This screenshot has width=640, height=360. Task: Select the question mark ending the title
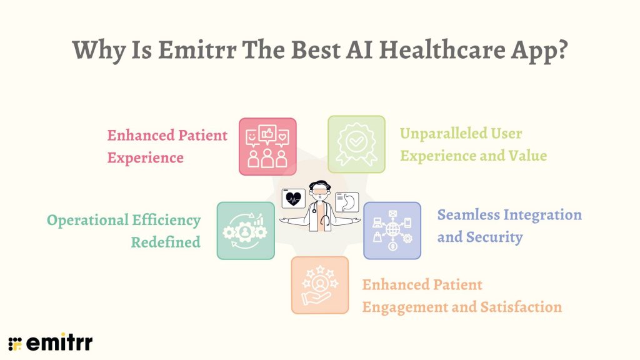[561, 50]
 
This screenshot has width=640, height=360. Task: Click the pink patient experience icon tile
[267, 146]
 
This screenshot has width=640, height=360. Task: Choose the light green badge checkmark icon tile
[356, 144]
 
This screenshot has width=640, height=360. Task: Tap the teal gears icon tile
[245, 231]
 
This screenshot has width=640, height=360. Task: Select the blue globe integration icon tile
[392, 231]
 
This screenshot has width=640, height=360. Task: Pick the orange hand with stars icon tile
[319, 284]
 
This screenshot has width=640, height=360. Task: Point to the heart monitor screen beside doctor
[293, 199]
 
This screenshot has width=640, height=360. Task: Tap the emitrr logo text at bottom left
[59, 342]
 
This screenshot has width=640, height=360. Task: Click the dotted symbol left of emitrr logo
[15, 343]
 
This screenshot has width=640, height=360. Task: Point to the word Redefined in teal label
[166, 242]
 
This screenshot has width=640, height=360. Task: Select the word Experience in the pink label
[145, 157]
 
